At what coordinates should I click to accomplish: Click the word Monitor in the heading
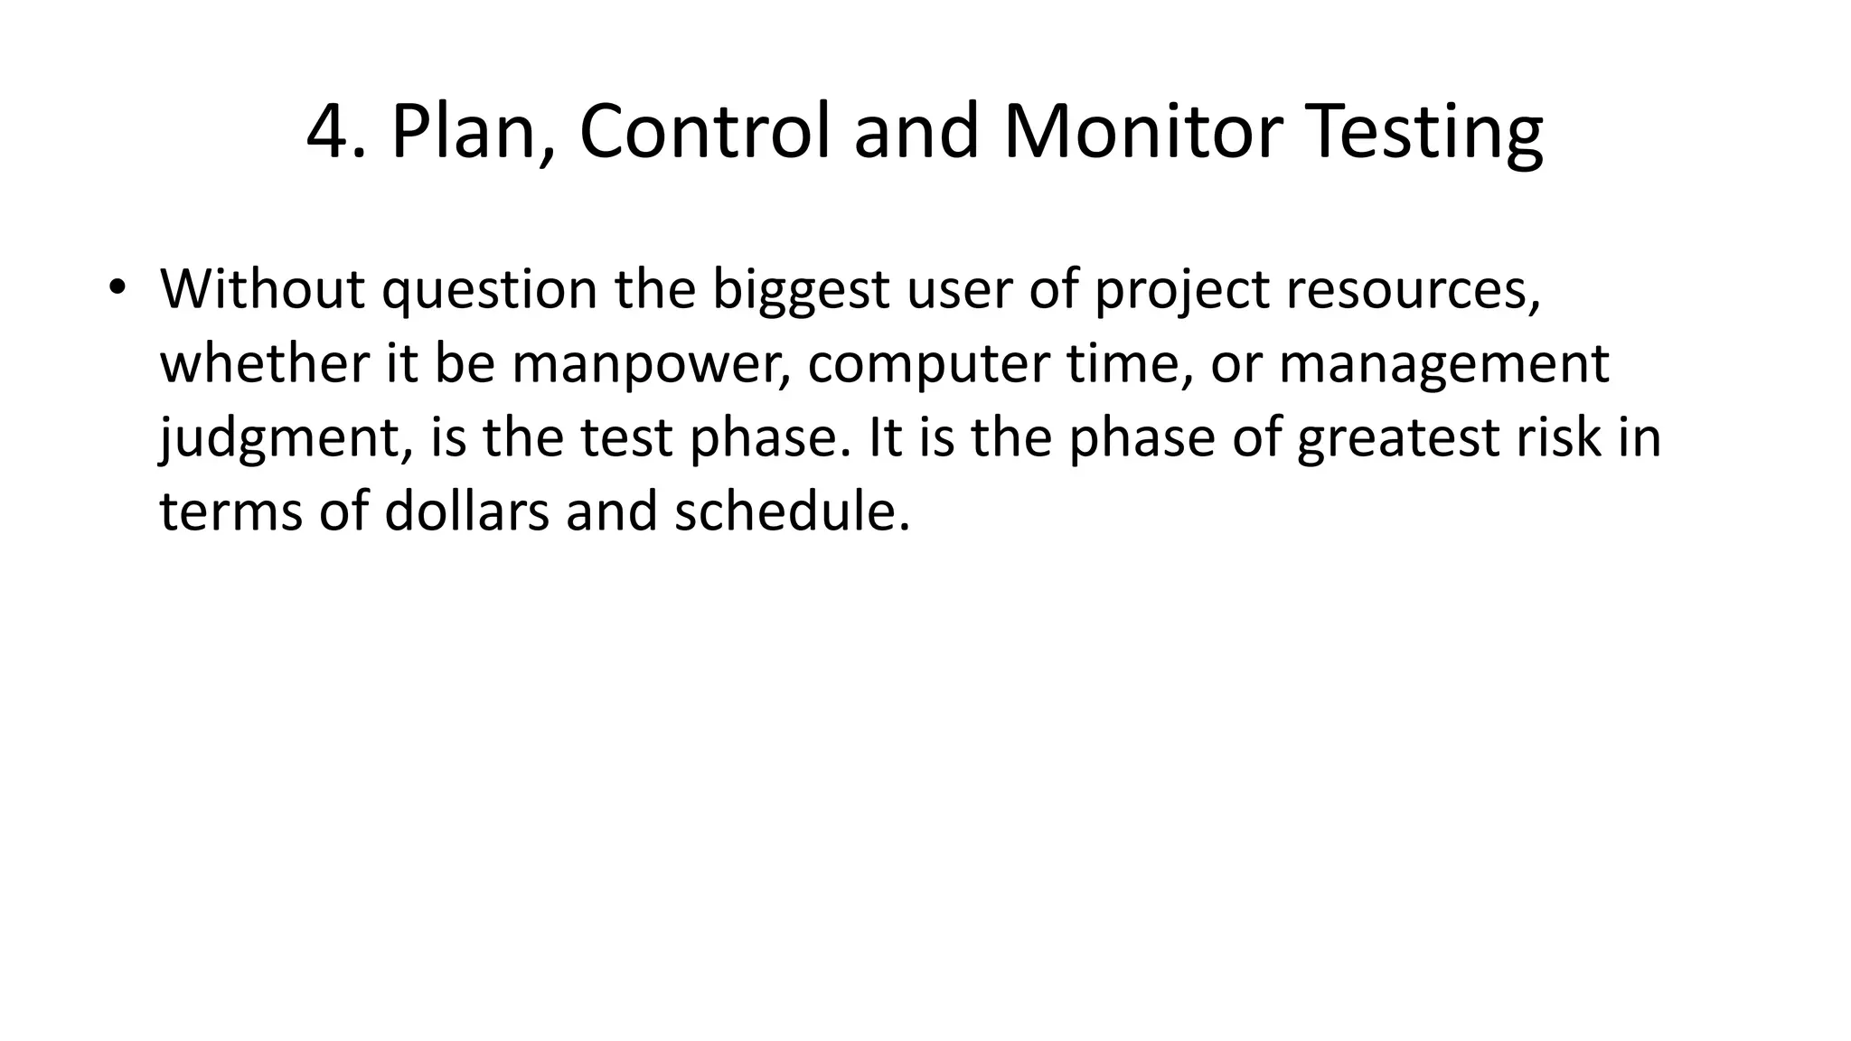click(x=1142, y=132)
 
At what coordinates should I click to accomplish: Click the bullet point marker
click(x=117, y=287)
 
